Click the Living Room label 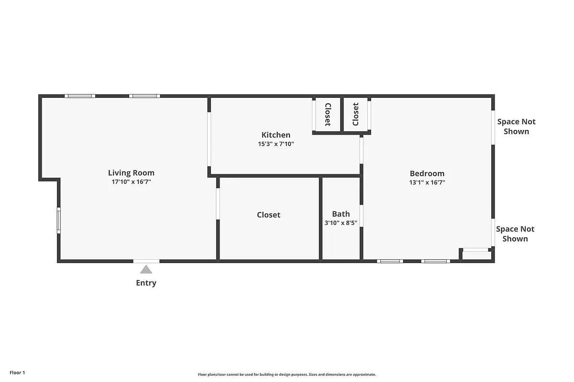[x=131, y=173]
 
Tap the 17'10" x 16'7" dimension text [x=131, y=182]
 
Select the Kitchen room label [x=276, y=135]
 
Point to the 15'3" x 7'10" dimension [x=276, y=144]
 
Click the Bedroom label [x=427, y=173]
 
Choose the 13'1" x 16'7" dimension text [x=427, y=182]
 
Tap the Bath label [x=341, y=214]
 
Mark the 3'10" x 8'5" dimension [x=341, y=223]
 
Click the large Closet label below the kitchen [x=268, y=215]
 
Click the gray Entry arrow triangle [x=146, y=269]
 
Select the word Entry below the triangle [x=146, y=283]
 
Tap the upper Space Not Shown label [x=516, y=127]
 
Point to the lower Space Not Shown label [x=515, y=234]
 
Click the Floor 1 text [x=17, y=372]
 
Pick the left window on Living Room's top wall [x=80, y=96]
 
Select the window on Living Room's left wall [x=59, y=220]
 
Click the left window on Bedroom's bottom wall [x=390, y=261]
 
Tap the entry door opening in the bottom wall [x=146, y=261]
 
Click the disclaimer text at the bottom [x=287, y=375]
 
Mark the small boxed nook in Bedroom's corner [x=476, y=255]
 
